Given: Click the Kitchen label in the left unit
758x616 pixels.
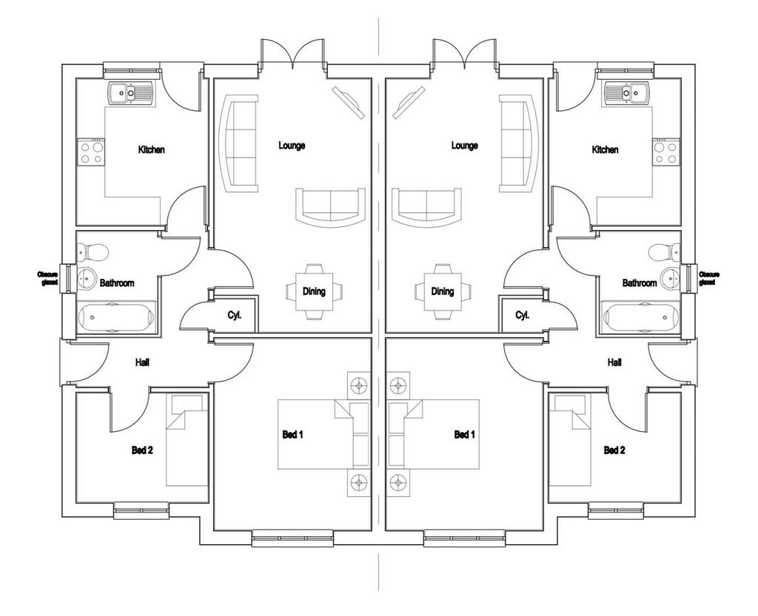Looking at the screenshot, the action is (151, 149).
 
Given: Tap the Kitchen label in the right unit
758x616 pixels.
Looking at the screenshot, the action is (605, 149).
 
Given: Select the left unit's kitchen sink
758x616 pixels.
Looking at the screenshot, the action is (130, 93).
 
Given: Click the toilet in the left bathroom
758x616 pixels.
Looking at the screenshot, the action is (93, 251).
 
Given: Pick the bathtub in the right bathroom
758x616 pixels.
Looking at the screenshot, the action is (640, 317).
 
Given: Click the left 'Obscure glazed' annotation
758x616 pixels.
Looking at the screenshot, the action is (48, 278).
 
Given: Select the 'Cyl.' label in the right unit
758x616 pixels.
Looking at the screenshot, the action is (522, 315).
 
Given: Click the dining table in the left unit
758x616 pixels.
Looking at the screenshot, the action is (314, 291).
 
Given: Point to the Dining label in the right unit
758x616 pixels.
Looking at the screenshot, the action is (443, 291).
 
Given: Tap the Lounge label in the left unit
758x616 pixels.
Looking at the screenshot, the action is (292, 145).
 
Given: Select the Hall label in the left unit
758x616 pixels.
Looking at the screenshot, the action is (142, 362).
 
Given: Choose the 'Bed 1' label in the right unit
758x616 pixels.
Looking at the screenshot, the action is (465, 435).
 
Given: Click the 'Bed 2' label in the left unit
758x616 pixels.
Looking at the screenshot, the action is (142, 450).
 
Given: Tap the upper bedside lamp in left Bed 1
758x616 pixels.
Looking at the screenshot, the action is (359, 385).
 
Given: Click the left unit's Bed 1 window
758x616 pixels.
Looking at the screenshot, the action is (292, 538).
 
